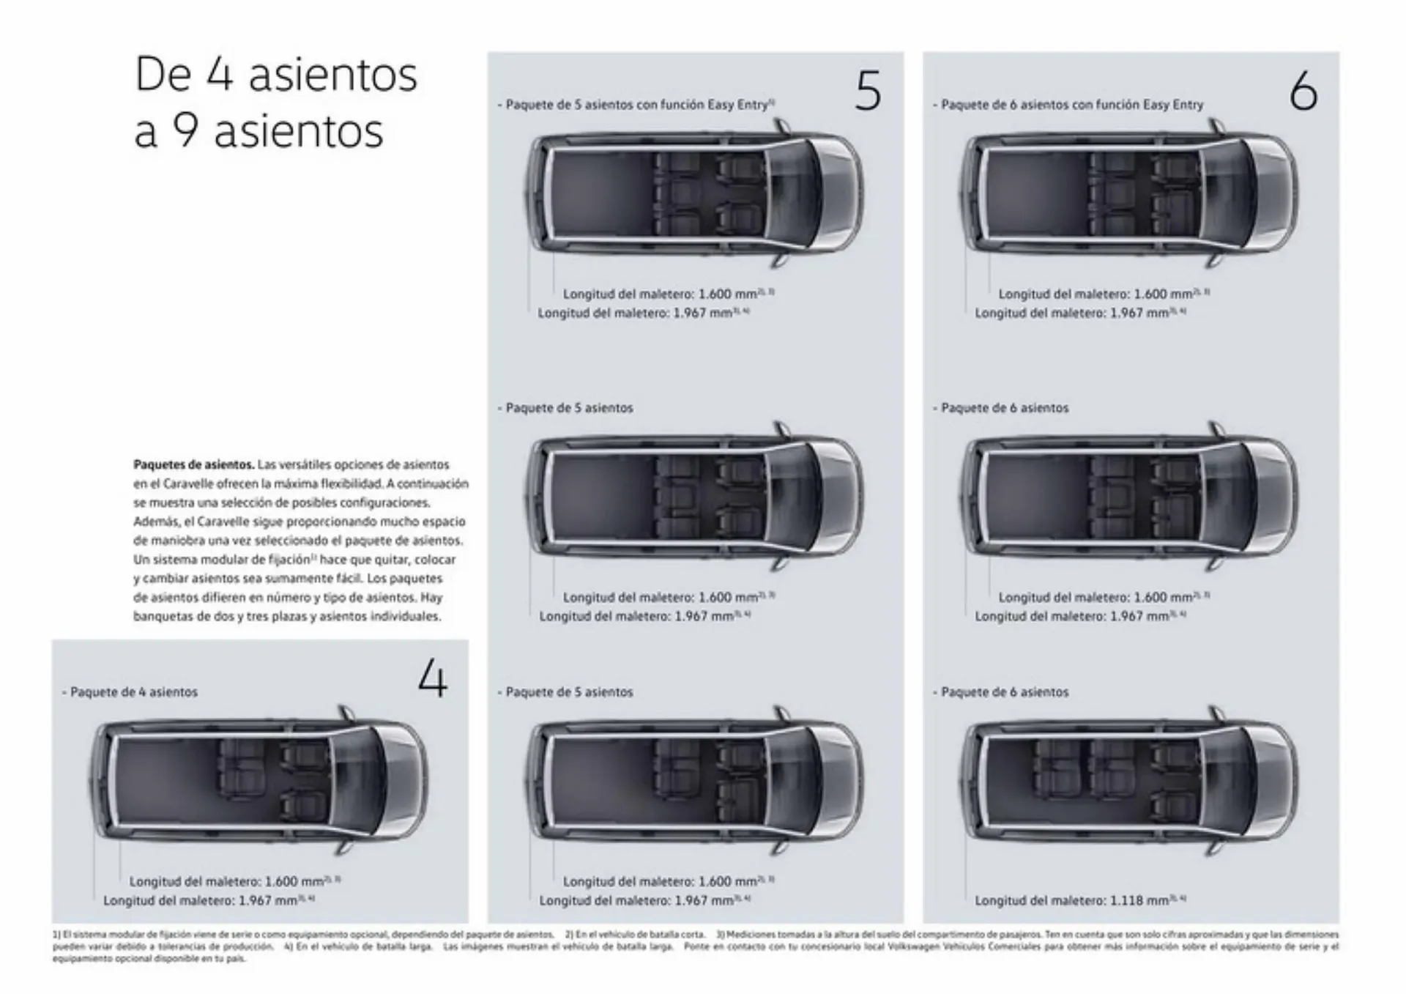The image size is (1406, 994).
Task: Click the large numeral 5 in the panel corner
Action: click(x=868, y=92)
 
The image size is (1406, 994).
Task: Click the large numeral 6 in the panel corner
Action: click(x=1303, y=92)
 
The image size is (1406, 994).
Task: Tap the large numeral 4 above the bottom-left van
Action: click(x=432, y=679)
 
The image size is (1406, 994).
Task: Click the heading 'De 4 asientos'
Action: click(x=276, y=75)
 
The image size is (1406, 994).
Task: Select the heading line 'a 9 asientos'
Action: click(x=258, y=131)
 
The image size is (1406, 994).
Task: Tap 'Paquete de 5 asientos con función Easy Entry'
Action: click(x=636, y=105)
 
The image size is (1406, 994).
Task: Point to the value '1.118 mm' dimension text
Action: click(x=1138, y=901)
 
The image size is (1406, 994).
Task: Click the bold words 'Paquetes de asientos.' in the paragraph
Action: click(x=193, y=464)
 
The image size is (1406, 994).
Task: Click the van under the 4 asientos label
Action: click(x=260, y=781)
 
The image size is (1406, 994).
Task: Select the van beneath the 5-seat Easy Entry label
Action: click(x=693, y=193)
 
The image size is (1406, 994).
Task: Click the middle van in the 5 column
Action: click(x=693, y=497)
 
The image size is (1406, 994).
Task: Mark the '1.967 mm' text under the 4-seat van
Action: click(x=267, y=901)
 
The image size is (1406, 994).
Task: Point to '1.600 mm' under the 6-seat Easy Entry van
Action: click(x=1163, y=294)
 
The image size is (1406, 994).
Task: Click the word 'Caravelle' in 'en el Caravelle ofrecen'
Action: click(x=189, y=484)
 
